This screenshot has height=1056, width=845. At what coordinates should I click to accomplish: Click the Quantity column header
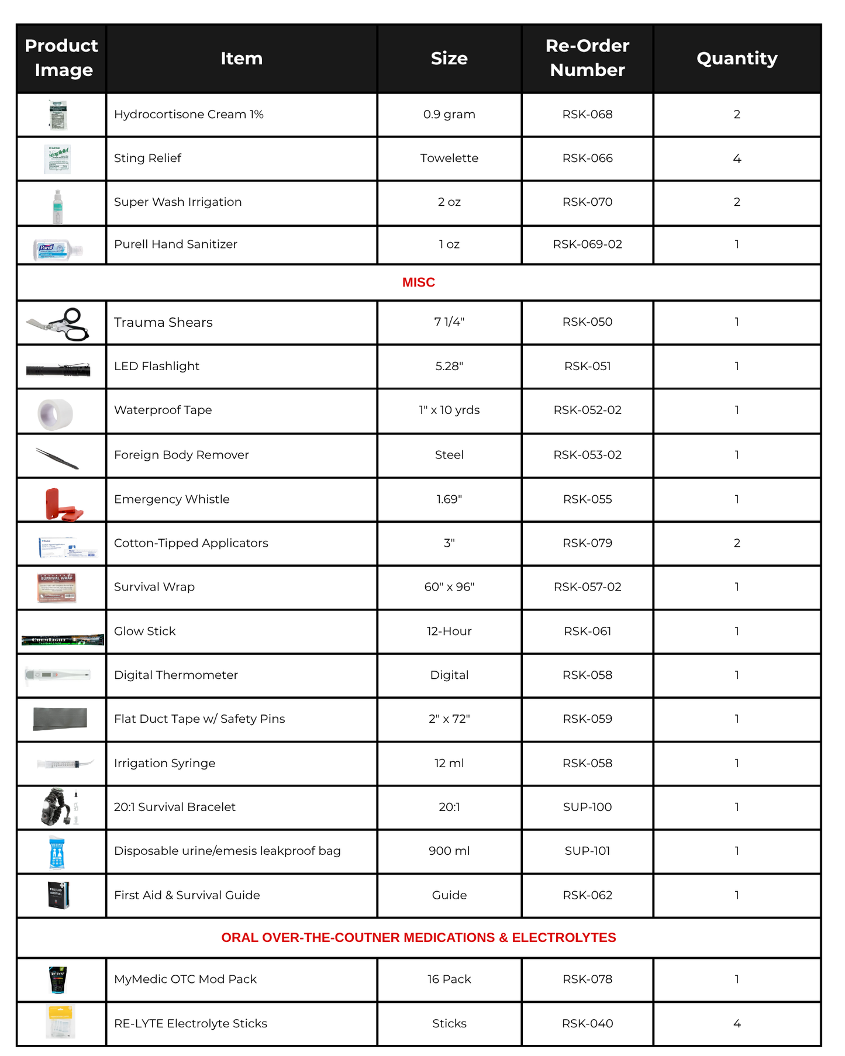736,58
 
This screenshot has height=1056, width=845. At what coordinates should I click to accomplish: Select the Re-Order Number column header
587,57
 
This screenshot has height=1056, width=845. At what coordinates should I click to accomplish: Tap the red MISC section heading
418,282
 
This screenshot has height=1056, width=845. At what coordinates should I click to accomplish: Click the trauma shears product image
59,323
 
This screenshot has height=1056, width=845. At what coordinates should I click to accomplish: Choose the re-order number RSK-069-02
587,244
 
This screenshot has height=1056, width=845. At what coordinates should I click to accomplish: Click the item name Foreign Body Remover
181,455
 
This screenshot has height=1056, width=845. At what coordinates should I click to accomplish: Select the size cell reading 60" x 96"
449,586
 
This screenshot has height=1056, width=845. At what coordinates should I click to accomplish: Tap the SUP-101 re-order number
587,851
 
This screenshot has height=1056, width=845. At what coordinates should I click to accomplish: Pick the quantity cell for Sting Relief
736,158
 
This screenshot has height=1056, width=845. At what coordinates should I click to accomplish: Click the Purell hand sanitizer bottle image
58,250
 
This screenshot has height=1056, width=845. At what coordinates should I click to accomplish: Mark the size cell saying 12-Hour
449,631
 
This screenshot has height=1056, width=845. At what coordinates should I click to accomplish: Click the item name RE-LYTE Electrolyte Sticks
190,1023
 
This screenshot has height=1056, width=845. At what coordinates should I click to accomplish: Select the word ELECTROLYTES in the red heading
563,937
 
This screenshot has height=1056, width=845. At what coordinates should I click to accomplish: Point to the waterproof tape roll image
56,413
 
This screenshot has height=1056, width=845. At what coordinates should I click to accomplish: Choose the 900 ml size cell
449,851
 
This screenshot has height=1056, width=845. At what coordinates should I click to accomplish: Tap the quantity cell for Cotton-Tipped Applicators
736,543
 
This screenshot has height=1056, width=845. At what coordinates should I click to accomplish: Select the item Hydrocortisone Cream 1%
188,114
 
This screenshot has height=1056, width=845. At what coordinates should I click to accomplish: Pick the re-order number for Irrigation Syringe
587,763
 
